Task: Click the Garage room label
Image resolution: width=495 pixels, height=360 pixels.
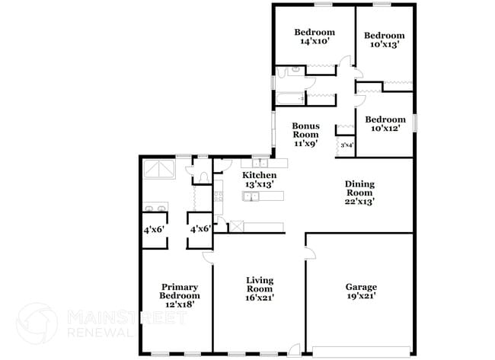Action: tap(361, 287)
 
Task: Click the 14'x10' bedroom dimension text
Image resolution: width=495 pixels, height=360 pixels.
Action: tap(315, 42)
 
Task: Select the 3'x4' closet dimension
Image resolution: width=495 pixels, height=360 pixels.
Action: tap(346, 145)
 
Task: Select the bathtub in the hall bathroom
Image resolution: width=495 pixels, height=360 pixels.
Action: tap(290, 99)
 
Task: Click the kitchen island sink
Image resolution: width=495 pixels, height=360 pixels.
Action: tap(251, 197)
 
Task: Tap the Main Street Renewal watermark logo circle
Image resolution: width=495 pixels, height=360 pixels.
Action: tap(37, 323)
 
